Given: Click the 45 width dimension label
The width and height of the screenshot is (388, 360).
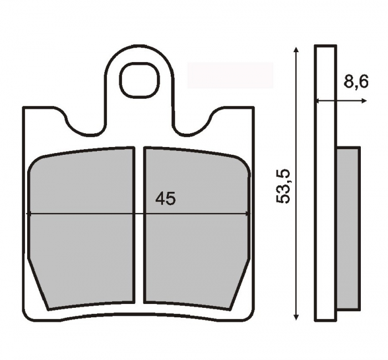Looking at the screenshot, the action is pyautogui.click(x=166, y=199).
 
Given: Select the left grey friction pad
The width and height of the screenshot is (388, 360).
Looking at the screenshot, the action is pyautogui.click(x=81, y=228).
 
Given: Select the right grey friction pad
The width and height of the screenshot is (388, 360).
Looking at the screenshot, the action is pyautogui.click(x=197, y=228).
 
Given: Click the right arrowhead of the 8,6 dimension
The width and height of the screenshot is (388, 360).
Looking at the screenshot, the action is pyautogui.click(x=364, y=101).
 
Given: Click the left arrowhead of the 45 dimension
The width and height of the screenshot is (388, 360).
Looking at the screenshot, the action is pyautogui.click(x=28, y=214).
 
